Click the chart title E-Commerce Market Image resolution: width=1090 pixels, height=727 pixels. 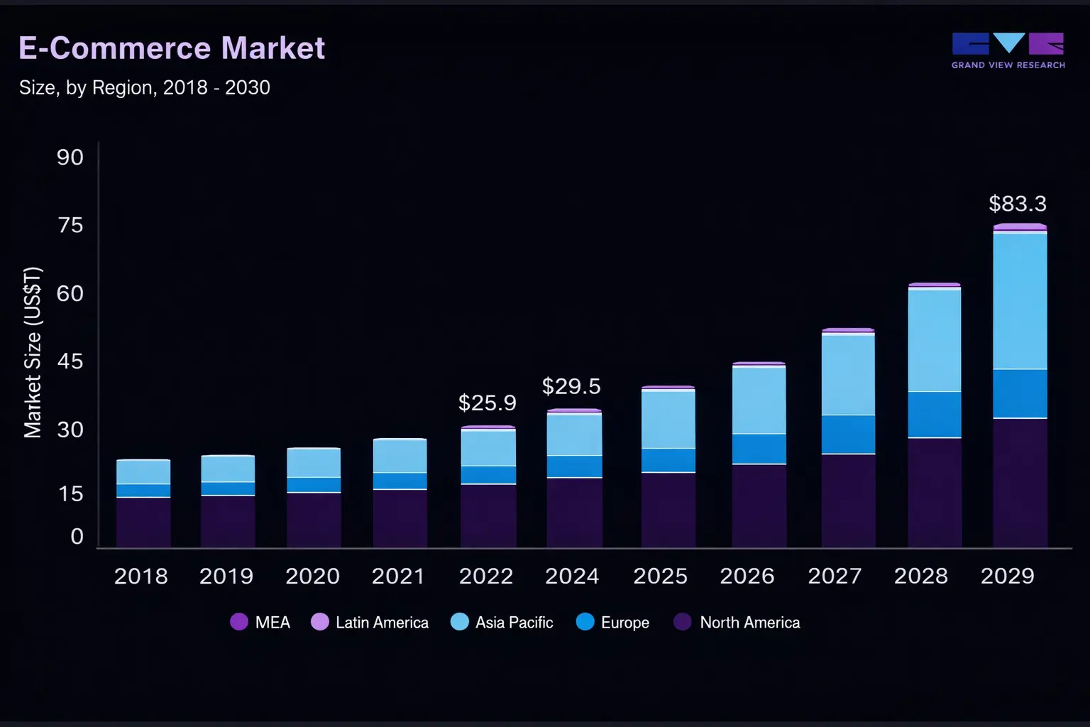171,48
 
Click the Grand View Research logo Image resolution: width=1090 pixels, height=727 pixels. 1008,50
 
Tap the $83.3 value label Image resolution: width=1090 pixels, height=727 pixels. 1018,204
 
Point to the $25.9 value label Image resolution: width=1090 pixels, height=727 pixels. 487,403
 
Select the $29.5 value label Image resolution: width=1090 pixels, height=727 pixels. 571,386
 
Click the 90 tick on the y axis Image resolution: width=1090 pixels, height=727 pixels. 70,157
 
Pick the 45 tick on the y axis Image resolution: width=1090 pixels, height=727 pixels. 70,361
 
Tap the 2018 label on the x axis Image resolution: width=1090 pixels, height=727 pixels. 141,576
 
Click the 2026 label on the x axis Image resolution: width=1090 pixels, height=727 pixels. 747,576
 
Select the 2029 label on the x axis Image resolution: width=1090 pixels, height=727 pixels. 1007,576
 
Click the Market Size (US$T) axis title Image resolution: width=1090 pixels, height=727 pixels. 33,352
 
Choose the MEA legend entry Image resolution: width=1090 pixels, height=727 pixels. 260,623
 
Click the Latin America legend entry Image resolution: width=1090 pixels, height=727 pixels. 370,623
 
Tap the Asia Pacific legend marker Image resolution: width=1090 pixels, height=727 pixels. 460,623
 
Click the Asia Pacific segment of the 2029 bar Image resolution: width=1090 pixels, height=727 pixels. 1020,301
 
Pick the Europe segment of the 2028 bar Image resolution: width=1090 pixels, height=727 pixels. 935,415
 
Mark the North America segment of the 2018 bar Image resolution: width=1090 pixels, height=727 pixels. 143,522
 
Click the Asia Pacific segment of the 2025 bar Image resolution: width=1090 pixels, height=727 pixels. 668,419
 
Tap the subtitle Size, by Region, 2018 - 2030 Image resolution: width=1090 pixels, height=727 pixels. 144,87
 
